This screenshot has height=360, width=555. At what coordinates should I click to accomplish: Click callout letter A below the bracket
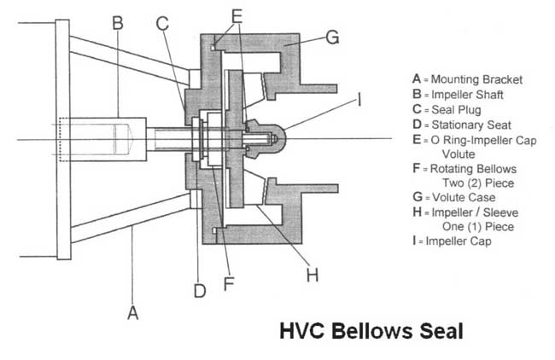132,313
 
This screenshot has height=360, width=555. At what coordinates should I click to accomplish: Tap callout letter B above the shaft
119,24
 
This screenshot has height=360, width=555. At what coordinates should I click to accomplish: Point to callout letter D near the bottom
200,291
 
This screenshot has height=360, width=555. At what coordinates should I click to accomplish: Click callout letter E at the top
237,15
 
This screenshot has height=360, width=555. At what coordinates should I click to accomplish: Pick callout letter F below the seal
228,282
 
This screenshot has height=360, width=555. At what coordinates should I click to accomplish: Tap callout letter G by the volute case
332,37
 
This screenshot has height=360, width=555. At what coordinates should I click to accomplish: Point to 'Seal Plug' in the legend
457,111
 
